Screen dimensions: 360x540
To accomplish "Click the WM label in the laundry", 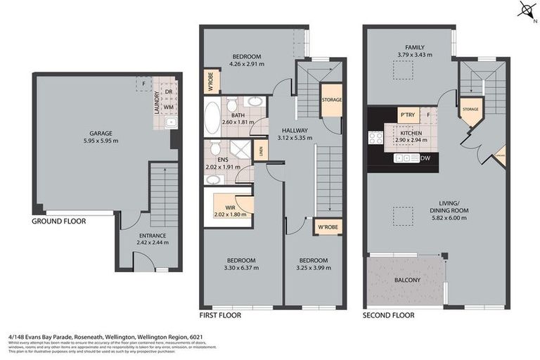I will coord(168,107).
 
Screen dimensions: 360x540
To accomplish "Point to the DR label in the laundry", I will coord(168,91).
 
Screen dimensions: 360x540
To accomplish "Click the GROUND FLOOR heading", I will coord(59,221).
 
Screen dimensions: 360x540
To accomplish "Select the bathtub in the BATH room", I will coord(212,118).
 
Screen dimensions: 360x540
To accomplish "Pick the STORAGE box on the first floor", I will coord(331,100).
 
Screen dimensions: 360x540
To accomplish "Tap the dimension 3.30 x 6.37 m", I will coord(240,267).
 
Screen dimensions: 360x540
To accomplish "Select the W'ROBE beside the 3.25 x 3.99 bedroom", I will coord(327,227).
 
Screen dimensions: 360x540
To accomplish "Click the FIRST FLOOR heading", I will coord(221,316).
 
